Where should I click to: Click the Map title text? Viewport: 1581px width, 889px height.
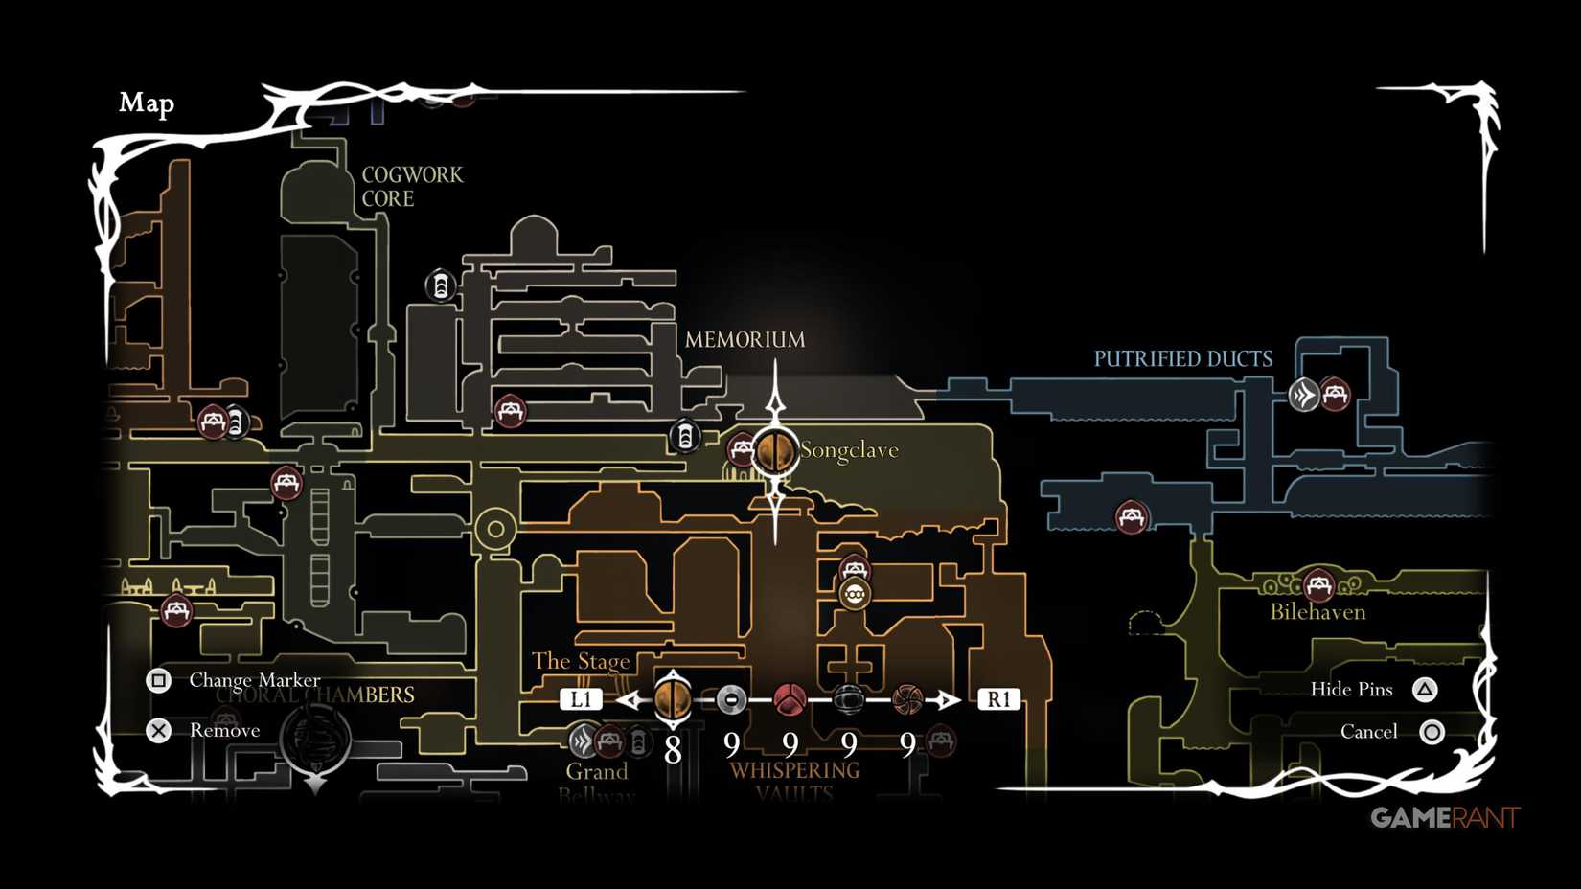147,103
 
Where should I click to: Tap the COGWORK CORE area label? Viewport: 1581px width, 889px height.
411,187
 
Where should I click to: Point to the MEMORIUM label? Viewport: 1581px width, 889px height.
745,340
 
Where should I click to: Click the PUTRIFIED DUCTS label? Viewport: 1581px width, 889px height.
1183,359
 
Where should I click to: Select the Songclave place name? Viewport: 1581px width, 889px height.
849,450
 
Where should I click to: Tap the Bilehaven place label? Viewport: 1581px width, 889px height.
1317,612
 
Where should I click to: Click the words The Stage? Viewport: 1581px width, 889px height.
581,661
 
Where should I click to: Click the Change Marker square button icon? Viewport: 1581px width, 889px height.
159,680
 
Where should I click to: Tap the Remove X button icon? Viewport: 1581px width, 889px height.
159,731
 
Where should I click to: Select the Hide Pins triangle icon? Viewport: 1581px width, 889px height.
1425,690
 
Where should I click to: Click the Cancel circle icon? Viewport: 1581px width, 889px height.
1432,733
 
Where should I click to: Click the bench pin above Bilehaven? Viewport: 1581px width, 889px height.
1318,583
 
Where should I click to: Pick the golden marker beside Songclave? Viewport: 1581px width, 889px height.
774,451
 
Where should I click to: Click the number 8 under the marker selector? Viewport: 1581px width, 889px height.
673,749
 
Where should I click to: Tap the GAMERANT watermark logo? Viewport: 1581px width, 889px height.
1445,817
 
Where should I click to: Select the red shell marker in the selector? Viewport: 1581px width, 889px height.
790,700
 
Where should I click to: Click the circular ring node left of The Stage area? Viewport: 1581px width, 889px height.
495,528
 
